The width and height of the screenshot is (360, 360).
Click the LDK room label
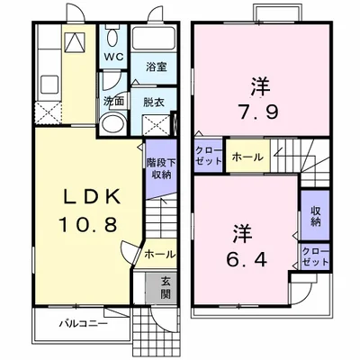91,197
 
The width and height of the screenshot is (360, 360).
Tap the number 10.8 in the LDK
87,225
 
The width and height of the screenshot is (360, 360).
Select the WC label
113,58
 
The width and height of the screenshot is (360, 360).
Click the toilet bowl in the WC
112,38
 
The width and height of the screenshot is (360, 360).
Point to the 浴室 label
157,67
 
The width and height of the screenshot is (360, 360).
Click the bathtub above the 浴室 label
154,38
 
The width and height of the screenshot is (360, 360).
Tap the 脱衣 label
154,103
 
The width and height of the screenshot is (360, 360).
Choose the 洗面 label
113,102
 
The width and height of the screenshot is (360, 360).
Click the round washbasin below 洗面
112,125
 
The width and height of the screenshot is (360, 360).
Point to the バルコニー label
83,324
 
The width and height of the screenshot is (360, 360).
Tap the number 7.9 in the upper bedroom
259,112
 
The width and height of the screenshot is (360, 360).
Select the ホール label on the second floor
247,157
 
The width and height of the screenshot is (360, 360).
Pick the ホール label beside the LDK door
159,255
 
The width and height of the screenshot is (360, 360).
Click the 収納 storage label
315,216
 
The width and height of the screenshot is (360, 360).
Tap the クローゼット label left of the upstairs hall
209,156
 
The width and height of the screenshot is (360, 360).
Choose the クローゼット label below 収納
315,256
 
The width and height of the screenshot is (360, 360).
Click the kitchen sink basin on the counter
49,83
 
